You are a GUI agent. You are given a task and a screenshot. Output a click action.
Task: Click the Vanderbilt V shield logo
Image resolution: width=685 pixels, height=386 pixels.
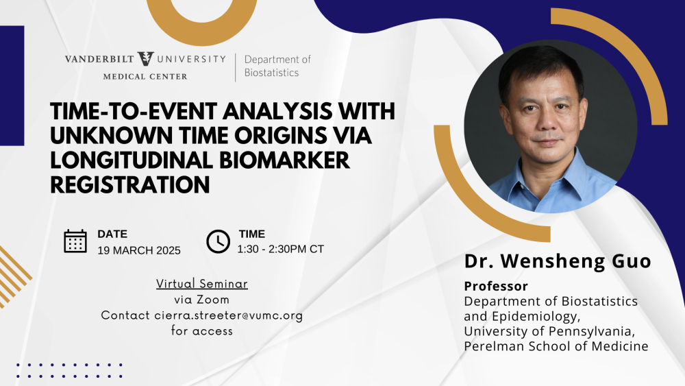[x=145, y=58]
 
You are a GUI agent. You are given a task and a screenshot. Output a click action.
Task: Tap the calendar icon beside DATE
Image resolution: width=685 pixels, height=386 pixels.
[x=75, y=241]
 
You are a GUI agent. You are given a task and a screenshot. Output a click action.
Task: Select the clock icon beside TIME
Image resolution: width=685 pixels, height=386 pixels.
[x=218, y=241]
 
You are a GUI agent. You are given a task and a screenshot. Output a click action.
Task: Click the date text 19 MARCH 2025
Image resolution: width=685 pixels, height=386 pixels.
[x=139, y=250]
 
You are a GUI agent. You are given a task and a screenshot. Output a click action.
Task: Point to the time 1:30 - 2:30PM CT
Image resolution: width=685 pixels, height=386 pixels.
[x=280, y=249]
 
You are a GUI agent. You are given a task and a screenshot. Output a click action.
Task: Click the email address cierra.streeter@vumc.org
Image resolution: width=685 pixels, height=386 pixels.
[x=229, y=315]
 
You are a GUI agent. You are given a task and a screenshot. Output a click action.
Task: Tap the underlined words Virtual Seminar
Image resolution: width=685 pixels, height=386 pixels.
[x=202, y=284]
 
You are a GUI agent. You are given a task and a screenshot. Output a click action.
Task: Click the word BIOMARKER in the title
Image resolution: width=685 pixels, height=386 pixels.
[x=284, y=160]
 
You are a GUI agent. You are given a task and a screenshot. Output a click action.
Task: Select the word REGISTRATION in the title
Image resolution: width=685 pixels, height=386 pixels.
[x=130, y=184]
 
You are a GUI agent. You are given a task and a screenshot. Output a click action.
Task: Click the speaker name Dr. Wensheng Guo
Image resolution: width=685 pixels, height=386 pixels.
[x=558, y=261]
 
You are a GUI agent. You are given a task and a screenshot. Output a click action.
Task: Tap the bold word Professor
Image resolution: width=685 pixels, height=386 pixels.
[x=496, y=286]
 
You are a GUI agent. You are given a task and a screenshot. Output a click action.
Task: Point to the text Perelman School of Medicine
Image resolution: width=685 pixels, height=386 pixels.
[x=556, y=346]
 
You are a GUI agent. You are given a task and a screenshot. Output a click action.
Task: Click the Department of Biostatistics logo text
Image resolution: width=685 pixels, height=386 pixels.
[x=277, y=66]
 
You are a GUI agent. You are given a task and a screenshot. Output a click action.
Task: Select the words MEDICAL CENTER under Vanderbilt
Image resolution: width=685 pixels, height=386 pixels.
[x=145, y=77]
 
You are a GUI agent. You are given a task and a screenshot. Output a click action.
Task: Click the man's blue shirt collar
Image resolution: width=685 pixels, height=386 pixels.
[x=551, y=175]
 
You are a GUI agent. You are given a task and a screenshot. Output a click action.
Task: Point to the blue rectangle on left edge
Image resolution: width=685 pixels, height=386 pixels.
[x=12, y=86]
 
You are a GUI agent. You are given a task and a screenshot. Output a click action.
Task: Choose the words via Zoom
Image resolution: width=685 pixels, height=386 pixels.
[x=202, y=300]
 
